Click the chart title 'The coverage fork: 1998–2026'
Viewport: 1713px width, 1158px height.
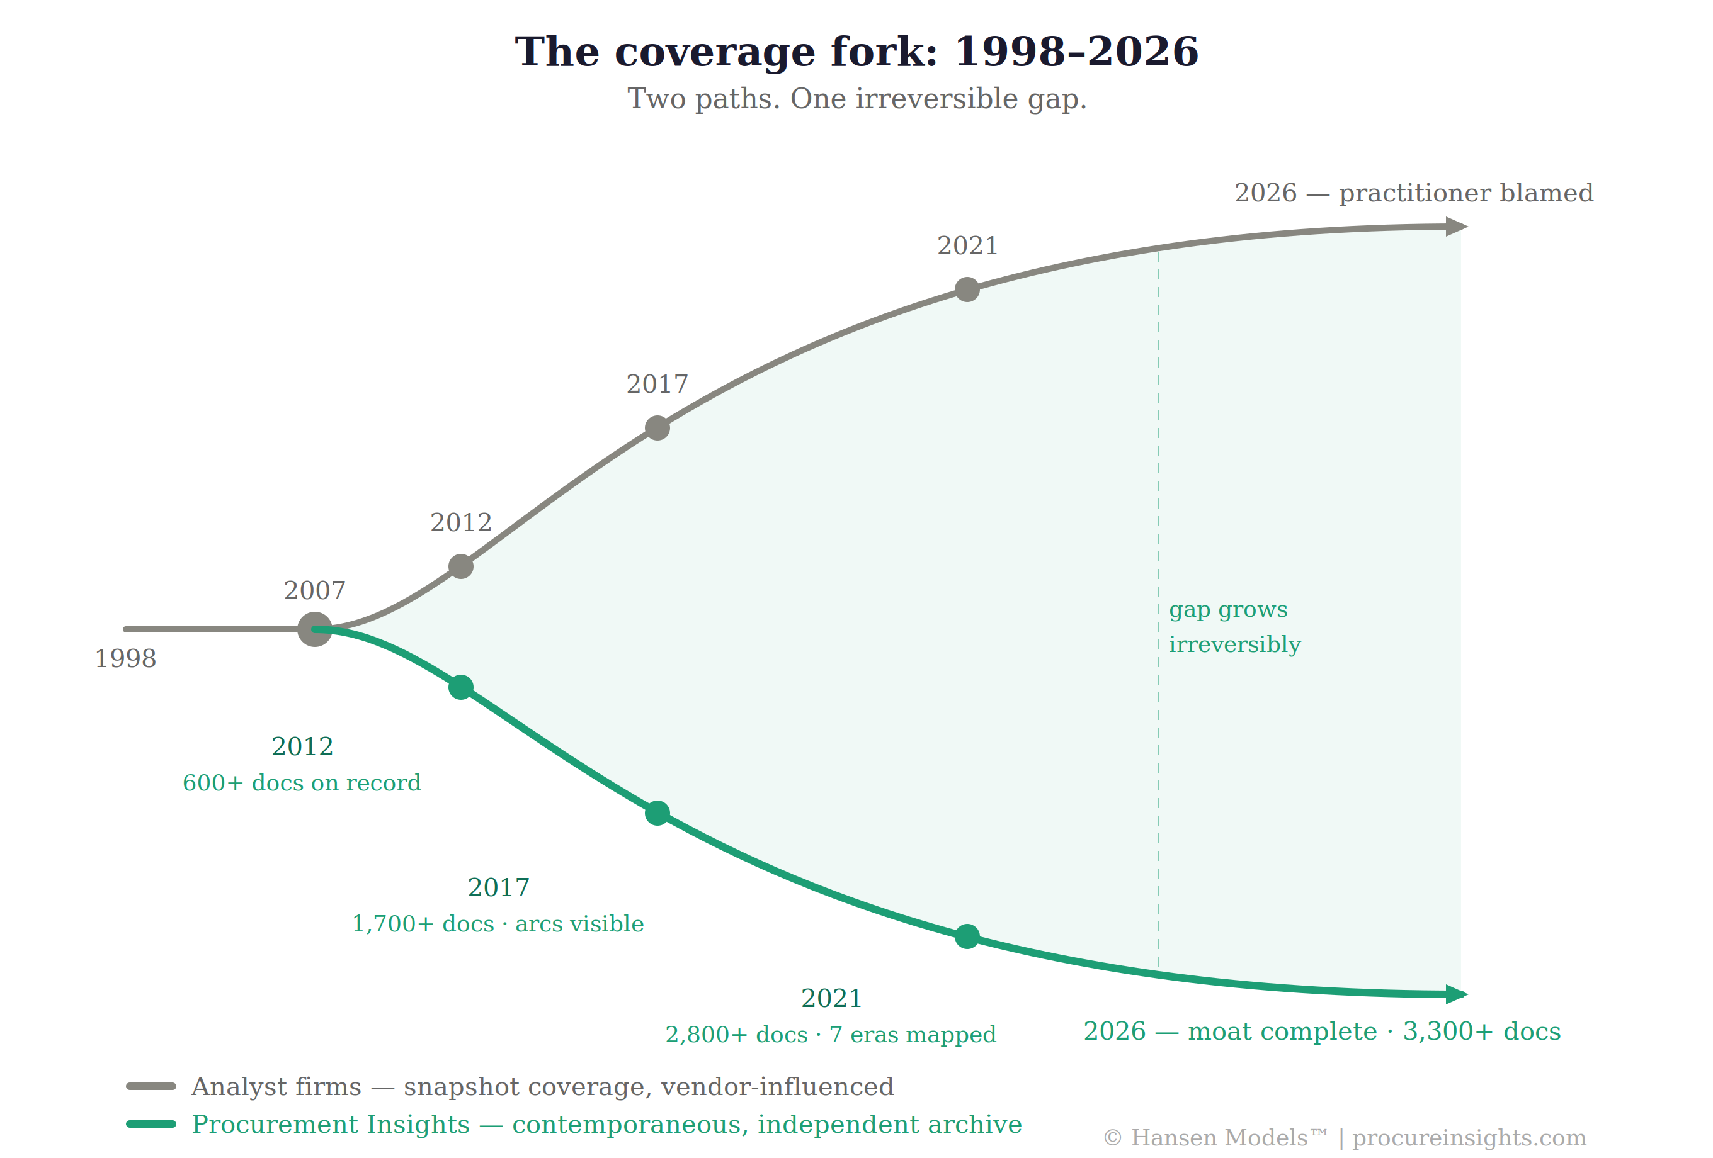click(856, 52)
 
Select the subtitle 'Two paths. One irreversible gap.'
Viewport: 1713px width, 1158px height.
click(856, 99)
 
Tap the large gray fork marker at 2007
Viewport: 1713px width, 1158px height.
click(314, 629)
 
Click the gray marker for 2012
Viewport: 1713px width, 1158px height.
click(460, 566)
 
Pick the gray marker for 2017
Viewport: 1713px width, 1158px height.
click(657, 428)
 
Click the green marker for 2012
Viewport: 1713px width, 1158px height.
click(460, 687)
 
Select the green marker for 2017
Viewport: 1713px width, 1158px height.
click(657, 813)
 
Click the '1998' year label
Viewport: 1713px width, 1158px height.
click(125, 658)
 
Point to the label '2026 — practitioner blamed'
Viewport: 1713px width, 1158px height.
click(1414, 193)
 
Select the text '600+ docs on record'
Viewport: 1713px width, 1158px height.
click(302, 783)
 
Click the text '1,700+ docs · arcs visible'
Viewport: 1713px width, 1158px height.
click(498, 924)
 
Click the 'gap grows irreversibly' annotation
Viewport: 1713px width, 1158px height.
click(1234, 627)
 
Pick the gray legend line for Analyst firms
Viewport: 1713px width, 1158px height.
click(151, 1086)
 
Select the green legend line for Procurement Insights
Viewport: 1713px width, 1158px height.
click(151, 1124)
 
